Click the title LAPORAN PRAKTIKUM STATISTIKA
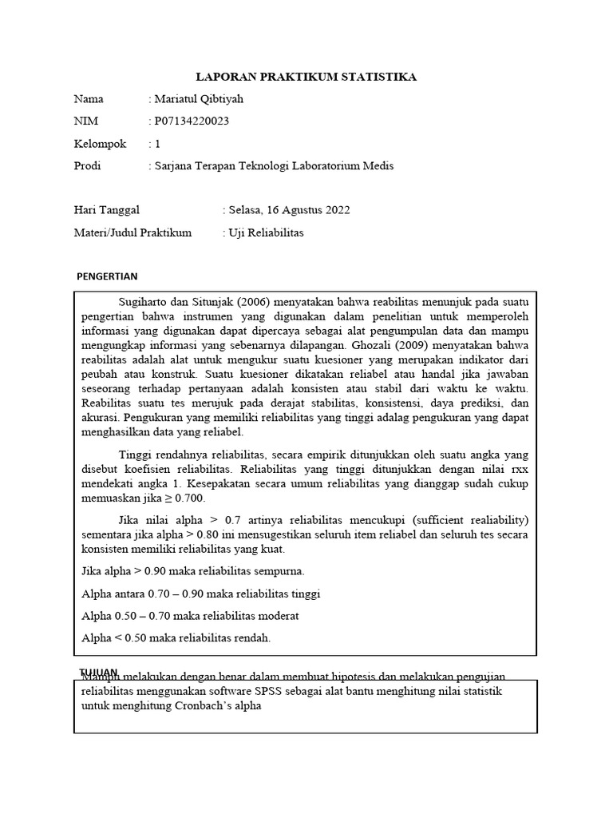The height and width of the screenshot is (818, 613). pyautogui.click(x=306, y=77)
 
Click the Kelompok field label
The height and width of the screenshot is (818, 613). pyautogui.click(x=100, y=144)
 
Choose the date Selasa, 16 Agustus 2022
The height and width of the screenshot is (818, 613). pyautogui.click(x=288, y=210)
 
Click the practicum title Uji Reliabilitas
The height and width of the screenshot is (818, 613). pyautogui.click(x=266, y=232)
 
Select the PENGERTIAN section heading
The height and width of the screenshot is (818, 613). pyautogui.click(x=107, y=276)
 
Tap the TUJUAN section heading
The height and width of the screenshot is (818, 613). pyautogui.click(x=98, y=672)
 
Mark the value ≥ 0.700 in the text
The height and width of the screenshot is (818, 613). pyautogui.click(x=183, y=498)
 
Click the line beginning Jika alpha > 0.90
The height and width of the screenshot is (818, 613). pyautogui.click(x=193, y=571)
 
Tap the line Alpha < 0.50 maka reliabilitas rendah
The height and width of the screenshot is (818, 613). pyautogui.click(x=176, y=637)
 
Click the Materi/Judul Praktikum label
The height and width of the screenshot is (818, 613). pyautogui.click(x=132, y=232)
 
